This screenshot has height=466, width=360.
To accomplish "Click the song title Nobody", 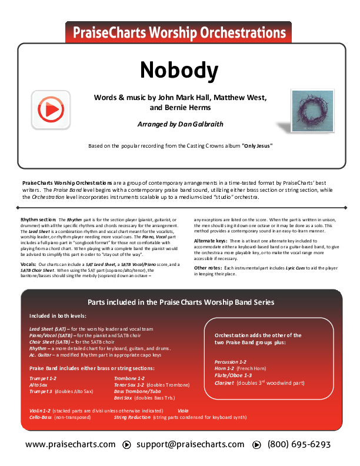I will (179, 70).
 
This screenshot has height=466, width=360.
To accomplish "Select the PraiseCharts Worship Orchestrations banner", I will (179, 33).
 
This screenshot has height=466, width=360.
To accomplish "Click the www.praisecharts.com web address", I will (71, 445).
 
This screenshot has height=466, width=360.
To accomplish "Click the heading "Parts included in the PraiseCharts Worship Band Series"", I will (181, 302).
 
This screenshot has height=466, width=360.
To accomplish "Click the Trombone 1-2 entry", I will (129, 378).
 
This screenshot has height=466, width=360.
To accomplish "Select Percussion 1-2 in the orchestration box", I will (231, 361).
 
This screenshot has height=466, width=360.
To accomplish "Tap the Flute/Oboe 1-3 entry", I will (233, 375).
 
